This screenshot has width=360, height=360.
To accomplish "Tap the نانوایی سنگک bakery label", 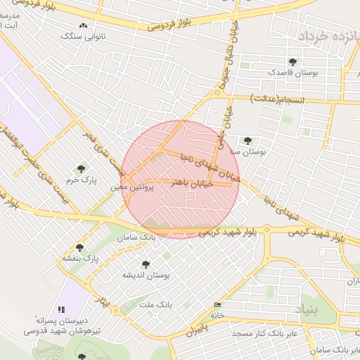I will coord(85,35).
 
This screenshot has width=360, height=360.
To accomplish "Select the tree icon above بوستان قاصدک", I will coord(292,62).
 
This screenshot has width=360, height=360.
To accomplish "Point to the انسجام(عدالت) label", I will coord(278,101).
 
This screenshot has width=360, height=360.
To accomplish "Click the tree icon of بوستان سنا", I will coord(247,141).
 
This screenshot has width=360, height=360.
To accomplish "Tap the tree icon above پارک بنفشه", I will coord(79,247).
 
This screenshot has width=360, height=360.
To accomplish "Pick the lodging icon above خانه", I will coord(217,304).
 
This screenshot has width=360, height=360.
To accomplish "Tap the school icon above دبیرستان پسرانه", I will coord(62,309).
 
